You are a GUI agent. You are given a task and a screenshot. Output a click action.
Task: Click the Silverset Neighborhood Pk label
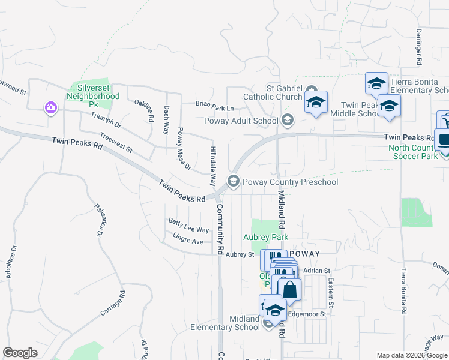coord(93,96)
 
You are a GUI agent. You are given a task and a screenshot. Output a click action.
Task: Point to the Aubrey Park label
coord(265,238)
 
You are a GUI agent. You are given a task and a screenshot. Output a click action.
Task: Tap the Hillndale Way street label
coord(212,166)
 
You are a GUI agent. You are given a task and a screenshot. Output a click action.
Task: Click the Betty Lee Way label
coord(188,229)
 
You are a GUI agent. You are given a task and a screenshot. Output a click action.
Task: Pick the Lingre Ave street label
coord(188,241)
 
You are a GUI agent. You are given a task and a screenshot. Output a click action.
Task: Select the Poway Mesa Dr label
coord(182,148)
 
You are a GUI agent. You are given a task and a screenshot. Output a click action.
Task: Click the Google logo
coord(20,353)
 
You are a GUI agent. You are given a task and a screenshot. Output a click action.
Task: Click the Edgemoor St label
coord(307,314)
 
